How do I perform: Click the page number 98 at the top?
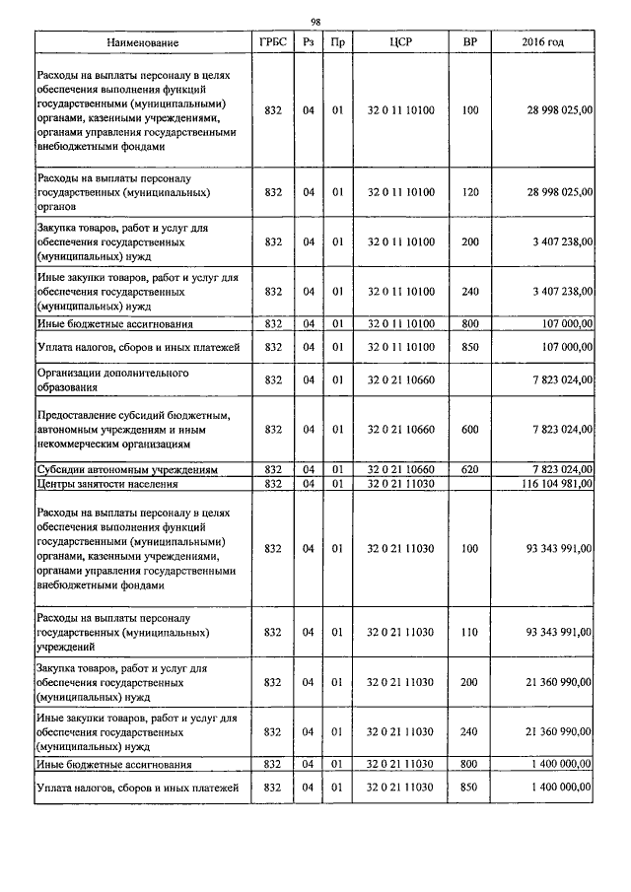(315, 22)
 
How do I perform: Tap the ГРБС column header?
(273, 43)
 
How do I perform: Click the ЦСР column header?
(400, 43)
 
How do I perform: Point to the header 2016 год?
(542, 43)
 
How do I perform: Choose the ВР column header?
(469, 43)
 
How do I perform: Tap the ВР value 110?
(469, 631)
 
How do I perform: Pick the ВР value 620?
(469, 469)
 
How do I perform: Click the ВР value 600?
(469, 430)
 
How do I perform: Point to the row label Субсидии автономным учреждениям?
(126, 469)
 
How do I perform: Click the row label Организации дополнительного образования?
(112, 380)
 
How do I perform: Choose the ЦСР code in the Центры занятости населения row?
(400, 484)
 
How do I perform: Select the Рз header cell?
(308, 43)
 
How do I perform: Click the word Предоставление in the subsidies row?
(78, 416)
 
